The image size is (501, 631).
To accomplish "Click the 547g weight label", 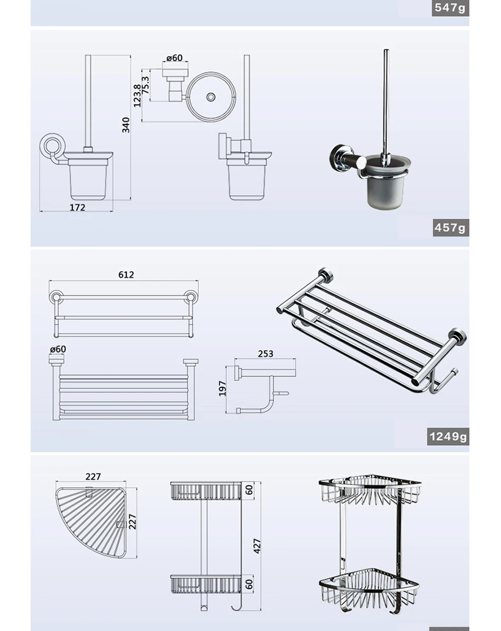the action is [450, 7].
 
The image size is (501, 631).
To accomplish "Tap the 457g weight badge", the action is [450, 228].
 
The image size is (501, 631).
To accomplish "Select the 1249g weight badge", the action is [448, 437].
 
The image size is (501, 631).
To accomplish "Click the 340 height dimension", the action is [126, 125].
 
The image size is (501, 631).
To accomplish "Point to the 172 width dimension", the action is [78, 207].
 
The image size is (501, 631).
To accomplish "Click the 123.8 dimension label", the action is [137, 96].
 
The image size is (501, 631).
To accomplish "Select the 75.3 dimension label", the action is [146, 85].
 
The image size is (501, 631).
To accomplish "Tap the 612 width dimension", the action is [126, 274].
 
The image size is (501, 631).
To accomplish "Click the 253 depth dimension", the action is [266, 354].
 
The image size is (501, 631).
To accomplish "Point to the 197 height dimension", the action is [222, 389].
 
